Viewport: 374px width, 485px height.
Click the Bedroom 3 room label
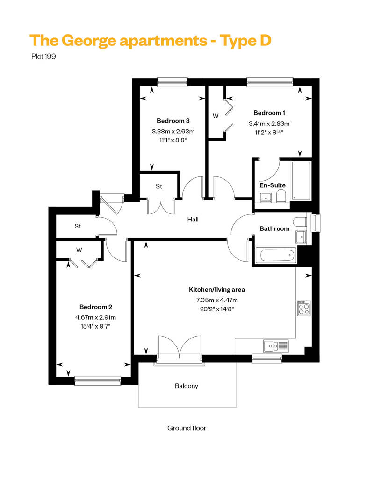pos(173,121)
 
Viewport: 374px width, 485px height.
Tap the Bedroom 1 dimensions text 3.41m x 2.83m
pos(269,124)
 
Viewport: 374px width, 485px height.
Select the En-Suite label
pos(273,185)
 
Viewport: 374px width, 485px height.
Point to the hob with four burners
pos(304,308)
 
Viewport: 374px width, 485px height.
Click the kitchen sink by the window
pos(276,346)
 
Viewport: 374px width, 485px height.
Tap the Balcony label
pos(187,386)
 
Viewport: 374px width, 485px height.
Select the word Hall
pos(193,219)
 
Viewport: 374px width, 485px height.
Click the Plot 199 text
pos(43,56)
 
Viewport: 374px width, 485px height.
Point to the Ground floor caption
pos(187,428)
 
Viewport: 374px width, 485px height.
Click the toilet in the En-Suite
pos(281,196)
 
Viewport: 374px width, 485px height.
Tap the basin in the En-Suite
pos(266,198)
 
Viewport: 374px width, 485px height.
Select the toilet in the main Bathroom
pos(300,222)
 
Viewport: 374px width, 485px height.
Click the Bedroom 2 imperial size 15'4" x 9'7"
pos(95,326)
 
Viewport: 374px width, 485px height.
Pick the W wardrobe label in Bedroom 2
pos(79,250)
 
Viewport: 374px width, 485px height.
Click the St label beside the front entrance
pos(78,227)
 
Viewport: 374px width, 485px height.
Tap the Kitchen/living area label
pos(217,290)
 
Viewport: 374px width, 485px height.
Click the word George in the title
pos(89,41)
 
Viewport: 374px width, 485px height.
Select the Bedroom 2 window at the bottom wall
pos(98,381)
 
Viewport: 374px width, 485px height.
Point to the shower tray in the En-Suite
pos(301,181)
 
